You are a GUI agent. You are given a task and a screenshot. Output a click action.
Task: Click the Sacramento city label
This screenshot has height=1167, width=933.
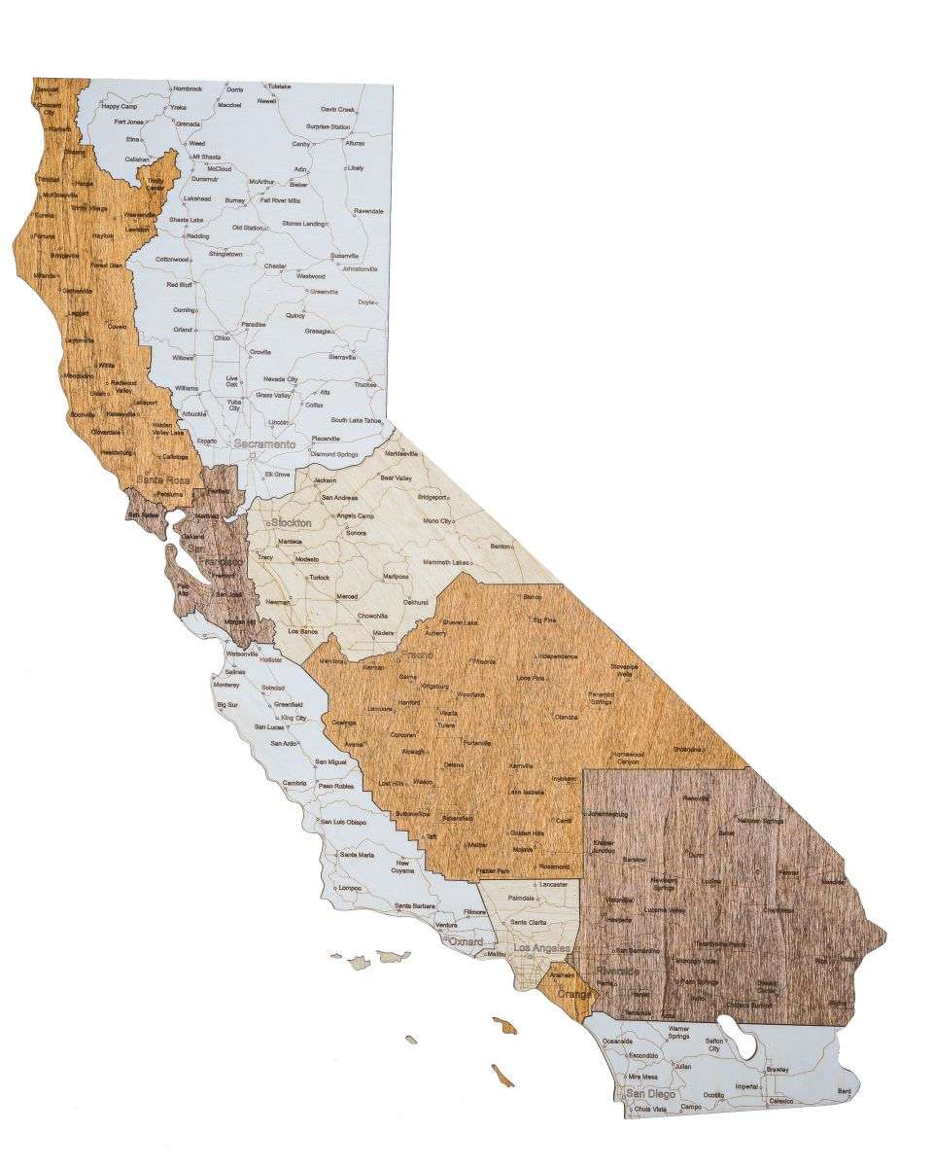(x=265, y=443)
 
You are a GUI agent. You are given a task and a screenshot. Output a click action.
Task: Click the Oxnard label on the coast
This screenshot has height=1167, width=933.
(x=466, y=943)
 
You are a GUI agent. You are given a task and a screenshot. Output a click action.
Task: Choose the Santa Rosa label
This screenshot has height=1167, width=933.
(x=163, y=479)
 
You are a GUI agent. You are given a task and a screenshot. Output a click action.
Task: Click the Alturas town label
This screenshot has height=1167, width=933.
(x=354, y=143)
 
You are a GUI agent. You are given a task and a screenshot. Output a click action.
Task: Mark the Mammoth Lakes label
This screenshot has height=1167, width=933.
(x=446, y=563)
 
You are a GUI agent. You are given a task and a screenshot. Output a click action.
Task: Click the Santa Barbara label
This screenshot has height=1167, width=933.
(x=415, y=906)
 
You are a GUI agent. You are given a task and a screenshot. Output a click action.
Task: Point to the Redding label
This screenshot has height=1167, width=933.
(x=198, y=236)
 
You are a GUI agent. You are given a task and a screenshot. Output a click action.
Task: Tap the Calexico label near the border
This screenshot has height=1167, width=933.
(x=781, y=1102)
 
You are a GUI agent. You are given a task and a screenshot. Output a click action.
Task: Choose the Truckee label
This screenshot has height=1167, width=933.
(x=365, y=384)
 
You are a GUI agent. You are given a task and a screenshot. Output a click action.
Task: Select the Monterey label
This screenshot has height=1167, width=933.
(x=225, y=685)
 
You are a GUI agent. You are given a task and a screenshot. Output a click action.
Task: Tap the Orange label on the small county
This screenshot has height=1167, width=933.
(x=573, y=996)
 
